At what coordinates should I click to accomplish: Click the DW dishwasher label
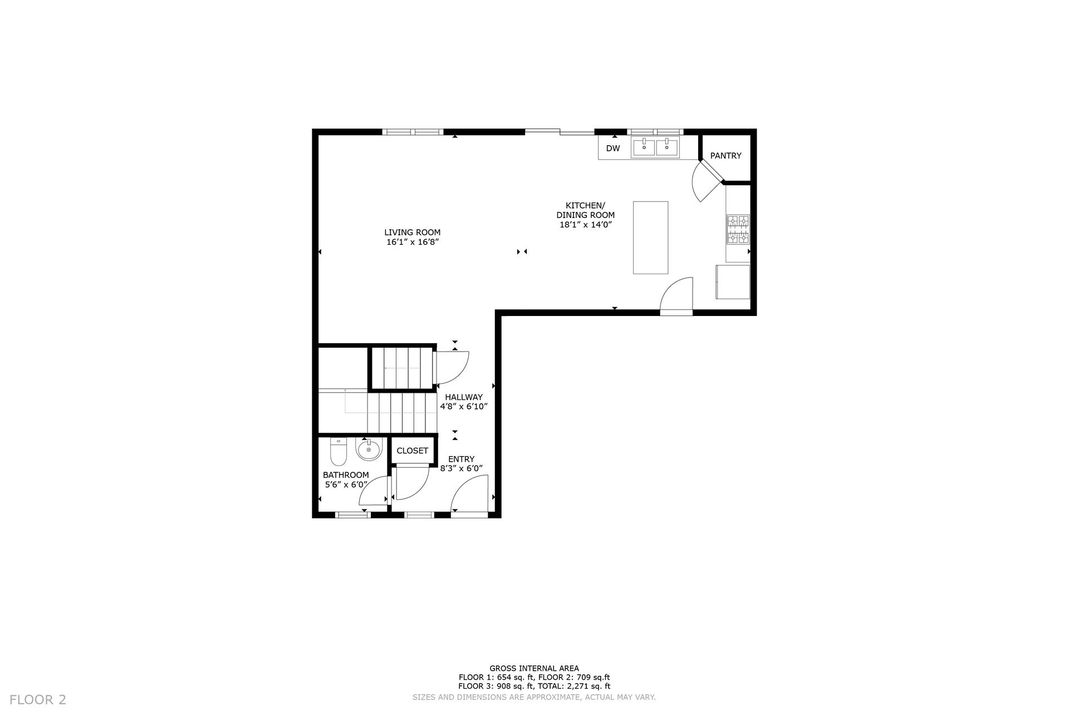pos(613,149)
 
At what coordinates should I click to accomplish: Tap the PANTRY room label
pos(725,156)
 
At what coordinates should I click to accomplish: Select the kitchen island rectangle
pos(650,238)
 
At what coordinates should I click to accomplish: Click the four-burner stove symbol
pos(738,230)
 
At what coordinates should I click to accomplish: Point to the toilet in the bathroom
pos(339,451)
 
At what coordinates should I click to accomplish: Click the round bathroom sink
pos(369,449)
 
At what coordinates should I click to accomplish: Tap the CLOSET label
pos(412,451)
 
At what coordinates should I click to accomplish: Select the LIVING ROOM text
pos(412,233)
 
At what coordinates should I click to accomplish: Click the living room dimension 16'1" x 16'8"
pos(413,242)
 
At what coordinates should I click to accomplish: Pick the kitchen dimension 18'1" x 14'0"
pos(586,225)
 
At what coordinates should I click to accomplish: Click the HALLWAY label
pos(464,397)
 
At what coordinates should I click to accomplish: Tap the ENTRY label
pos(462,459)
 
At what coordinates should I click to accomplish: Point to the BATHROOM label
pos(346,475)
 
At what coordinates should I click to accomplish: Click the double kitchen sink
pos(655,147)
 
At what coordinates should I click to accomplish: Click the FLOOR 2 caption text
pos(38,700)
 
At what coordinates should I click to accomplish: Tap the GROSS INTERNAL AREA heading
pos(534,669)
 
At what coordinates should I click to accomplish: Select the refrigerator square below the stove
pos(733,282)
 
